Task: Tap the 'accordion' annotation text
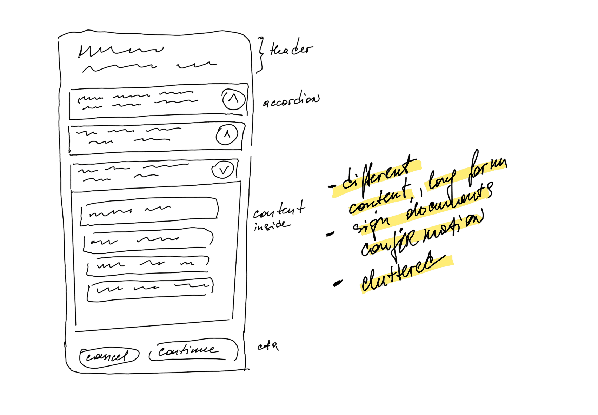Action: point(291,100)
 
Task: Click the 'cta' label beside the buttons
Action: point(268,347)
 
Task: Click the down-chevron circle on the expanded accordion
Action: point(223,170)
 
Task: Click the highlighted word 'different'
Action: point(377,176)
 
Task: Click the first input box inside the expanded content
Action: point(149,211)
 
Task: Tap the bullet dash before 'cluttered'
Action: point(338,283)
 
